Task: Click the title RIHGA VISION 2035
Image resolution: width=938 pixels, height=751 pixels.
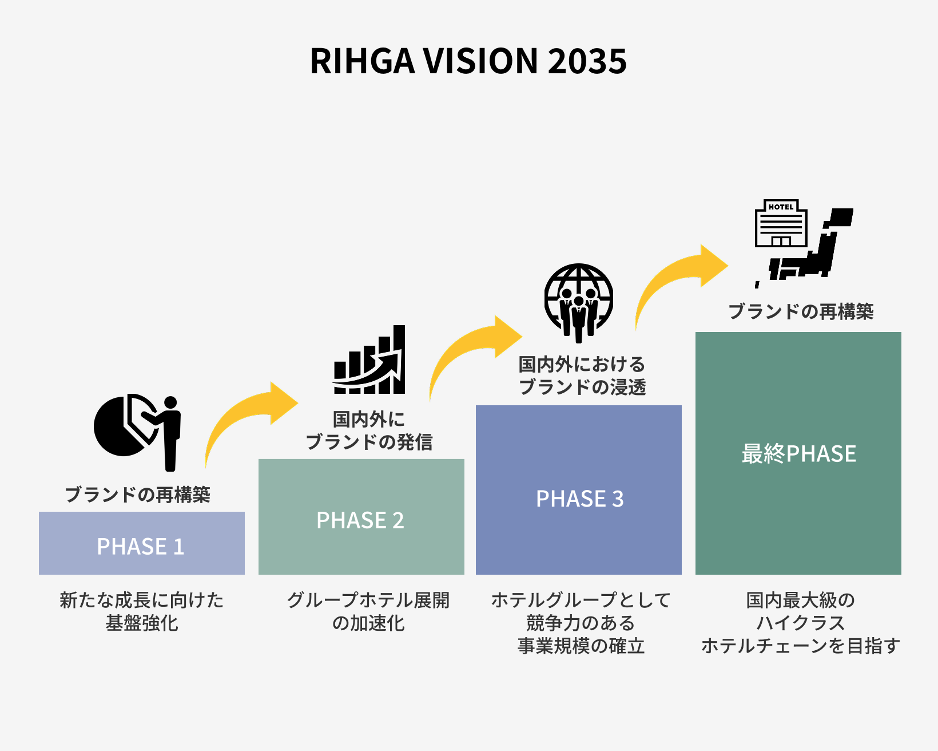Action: (468, 61)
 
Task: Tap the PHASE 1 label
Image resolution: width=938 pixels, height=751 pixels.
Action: (141, 546)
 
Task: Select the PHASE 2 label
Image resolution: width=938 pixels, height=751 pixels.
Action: (360, 520)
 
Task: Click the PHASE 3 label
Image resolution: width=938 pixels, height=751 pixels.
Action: (579, 499)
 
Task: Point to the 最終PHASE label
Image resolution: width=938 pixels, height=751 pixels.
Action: (798, 454)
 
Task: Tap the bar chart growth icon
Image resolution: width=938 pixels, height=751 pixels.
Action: (369, 361)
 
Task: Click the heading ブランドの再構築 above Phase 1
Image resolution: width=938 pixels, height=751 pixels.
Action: (138, 495)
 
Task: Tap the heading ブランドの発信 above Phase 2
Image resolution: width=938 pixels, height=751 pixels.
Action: (369, 442)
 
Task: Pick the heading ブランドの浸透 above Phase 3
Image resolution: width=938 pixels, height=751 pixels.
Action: (582, 387)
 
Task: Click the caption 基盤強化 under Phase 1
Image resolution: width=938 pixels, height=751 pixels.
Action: (142, 623)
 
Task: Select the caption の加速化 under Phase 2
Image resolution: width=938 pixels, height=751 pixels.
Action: (368, 623)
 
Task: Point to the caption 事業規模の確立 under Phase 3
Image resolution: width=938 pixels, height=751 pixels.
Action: (581, 646)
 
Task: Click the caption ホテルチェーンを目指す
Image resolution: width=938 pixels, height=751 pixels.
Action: (800, 646)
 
